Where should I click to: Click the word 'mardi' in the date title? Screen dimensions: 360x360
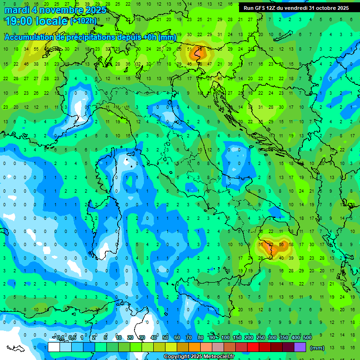coord(17,10)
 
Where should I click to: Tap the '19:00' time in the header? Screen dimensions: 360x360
coord(20,21)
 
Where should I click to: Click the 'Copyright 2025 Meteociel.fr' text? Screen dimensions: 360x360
coord(199,357)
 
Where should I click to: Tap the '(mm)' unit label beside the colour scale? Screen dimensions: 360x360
coord(317,348)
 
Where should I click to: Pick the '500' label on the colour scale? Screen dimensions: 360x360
coord(307,338)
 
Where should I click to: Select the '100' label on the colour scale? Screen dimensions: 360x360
coord(225,338)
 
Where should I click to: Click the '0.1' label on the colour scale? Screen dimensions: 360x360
coord(61,338)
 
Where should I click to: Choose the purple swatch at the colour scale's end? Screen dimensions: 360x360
coord(300,347)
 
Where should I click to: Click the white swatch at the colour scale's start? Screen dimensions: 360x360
coord(54,347)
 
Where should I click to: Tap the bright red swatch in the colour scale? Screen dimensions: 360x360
coord(253,347)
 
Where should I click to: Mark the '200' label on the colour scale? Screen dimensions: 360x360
coord(248,338)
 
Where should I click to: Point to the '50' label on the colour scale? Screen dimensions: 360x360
coord(165,338)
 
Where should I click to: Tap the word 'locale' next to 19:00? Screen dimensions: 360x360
coord(52,21)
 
